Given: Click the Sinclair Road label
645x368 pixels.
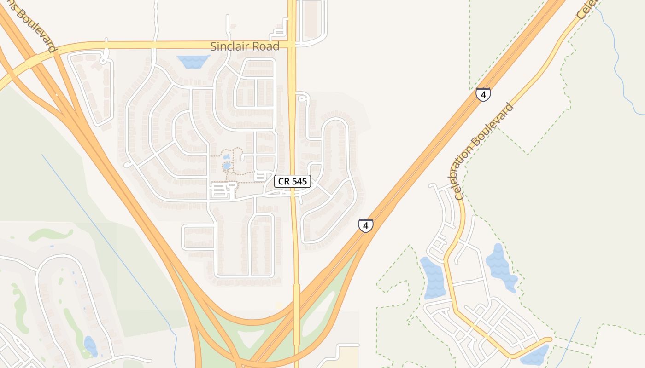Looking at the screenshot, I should (x=245, y=46).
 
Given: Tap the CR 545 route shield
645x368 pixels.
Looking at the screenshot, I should (x=293, y=181).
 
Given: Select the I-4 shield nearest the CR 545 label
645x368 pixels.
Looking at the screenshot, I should (x=365, y=225).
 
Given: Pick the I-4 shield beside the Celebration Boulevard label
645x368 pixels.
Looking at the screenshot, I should (x=483, y=95).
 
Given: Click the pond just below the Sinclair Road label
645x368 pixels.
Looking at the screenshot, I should (x=193, y=61).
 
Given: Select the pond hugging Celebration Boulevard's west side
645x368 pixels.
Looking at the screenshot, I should (x=433, y=278).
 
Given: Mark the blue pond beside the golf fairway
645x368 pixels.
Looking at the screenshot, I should (x=90, y=346).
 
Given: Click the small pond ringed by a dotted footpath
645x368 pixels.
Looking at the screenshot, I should (x=227, y=165).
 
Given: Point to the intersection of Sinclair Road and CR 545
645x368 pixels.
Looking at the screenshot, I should (x=292, y=45).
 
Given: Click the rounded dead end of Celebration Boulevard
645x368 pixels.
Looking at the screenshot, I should (x=548, y=340).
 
